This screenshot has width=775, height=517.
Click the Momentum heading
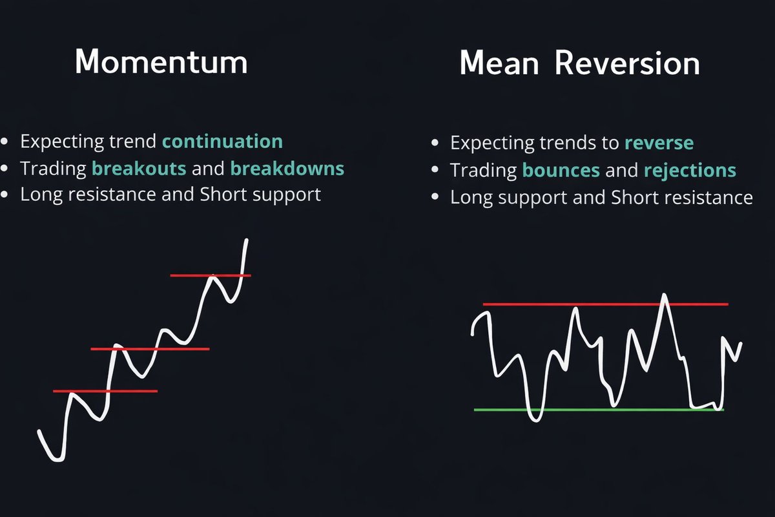click(161, 62)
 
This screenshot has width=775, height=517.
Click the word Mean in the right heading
click(499, 63)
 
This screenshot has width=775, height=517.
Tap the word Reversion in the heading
click(627, 63)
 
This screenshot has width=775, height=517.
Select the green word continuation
click(222, 142)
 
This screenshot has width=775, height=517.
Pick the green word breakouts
click(139, 168)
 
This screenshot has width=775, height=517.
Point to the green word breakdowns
click(287, 168)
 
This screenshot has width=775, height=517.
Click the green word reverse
click(659, 143)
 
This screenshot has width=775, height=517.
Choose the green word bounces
click(561, 170)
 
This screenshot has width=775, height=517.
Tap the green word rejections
click(690, 171)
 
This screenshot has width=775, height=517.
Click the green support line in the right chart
click(599, 410)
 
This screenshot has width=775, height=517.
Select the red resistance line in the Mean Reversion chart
click(606, 304)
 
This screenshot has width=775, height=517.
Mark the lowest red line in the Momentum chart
click(105, 391)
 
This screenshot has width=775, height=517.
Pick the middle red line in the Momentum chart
click(150, 349)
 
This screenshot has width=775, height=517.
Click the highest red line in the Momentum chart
click(211, 276)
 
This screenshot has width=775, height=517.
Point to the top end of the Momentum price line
click(247, 239)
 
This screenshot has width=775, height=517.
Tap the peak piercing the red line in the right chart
click(665, 295)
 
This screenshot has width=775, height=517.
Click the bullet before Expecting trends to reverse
click(435, 143)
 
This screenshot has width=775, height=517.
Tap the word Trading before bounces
click(483, 171)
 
